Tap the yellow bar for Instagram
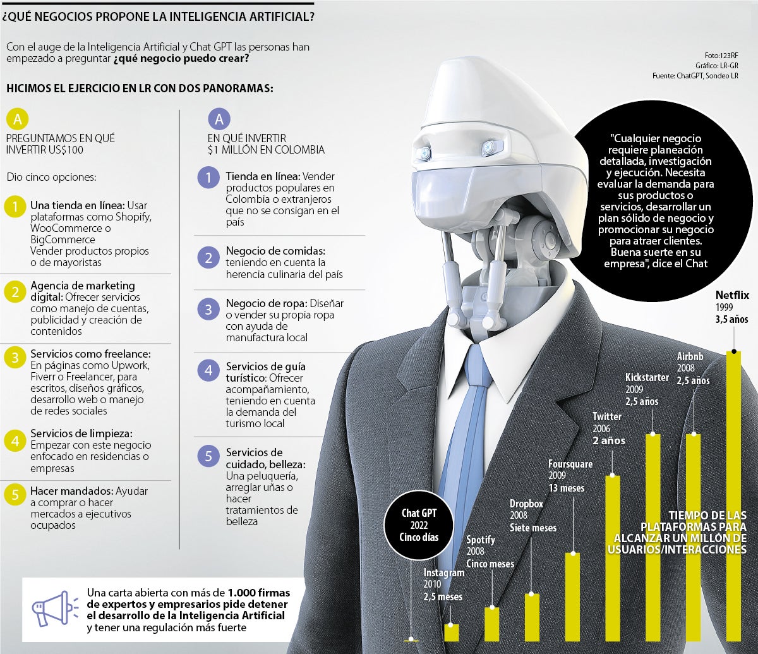pyautogui.click(x=451, y=632)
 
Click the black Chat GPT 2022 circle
pyautogui.click(x=419, y=526)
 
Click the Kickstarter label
pyautogui.click(x=647, y=377)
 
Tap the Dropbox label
pyautogui.click(x=527, y=504)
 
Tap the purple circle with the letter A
pyautogui.click(x=219, y=119)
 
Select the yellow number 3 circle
pyautogui.click(x=15, y=358)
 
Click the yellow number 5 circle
pyautogui.click(x=15, y=495)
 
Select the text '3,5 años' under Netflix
pyautogui.click(x=731, y=320)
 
